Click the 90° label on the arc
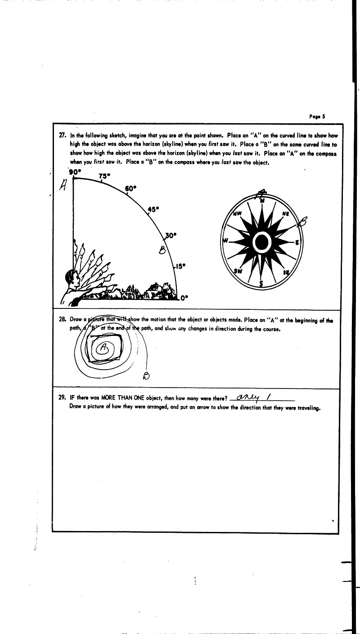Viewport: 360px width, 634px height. point(74,172)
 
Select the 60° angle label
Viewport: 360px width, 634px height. point(130,188)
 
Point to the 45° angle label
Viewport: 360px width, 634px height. point(154,209)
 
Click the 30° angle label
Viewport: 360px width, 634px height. point(171,235)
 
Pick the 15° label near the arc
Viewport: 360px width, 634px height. point(180,266)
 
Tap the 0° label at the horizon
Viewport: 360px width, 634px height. point(184,297)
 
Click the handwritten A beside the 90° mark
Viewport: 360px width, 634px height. point(63,185)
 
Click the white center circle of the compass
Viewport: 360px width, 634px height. point(261,243)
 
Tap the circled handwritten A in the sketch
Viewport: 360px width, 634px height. point(104,347)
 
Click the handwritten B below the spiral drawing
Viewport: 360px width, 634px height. point(145,375)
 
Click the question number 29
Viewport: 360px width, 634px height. point(62,397)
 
